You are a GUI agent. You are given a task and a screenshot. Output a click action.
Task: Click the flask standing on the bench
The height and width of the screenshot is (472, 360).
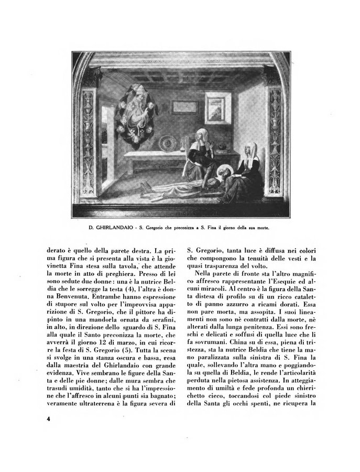pos(184,140)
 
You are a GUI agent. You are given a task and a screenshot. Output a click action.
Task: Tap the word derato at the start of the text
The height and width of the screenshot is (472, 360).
pos(51,250)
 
